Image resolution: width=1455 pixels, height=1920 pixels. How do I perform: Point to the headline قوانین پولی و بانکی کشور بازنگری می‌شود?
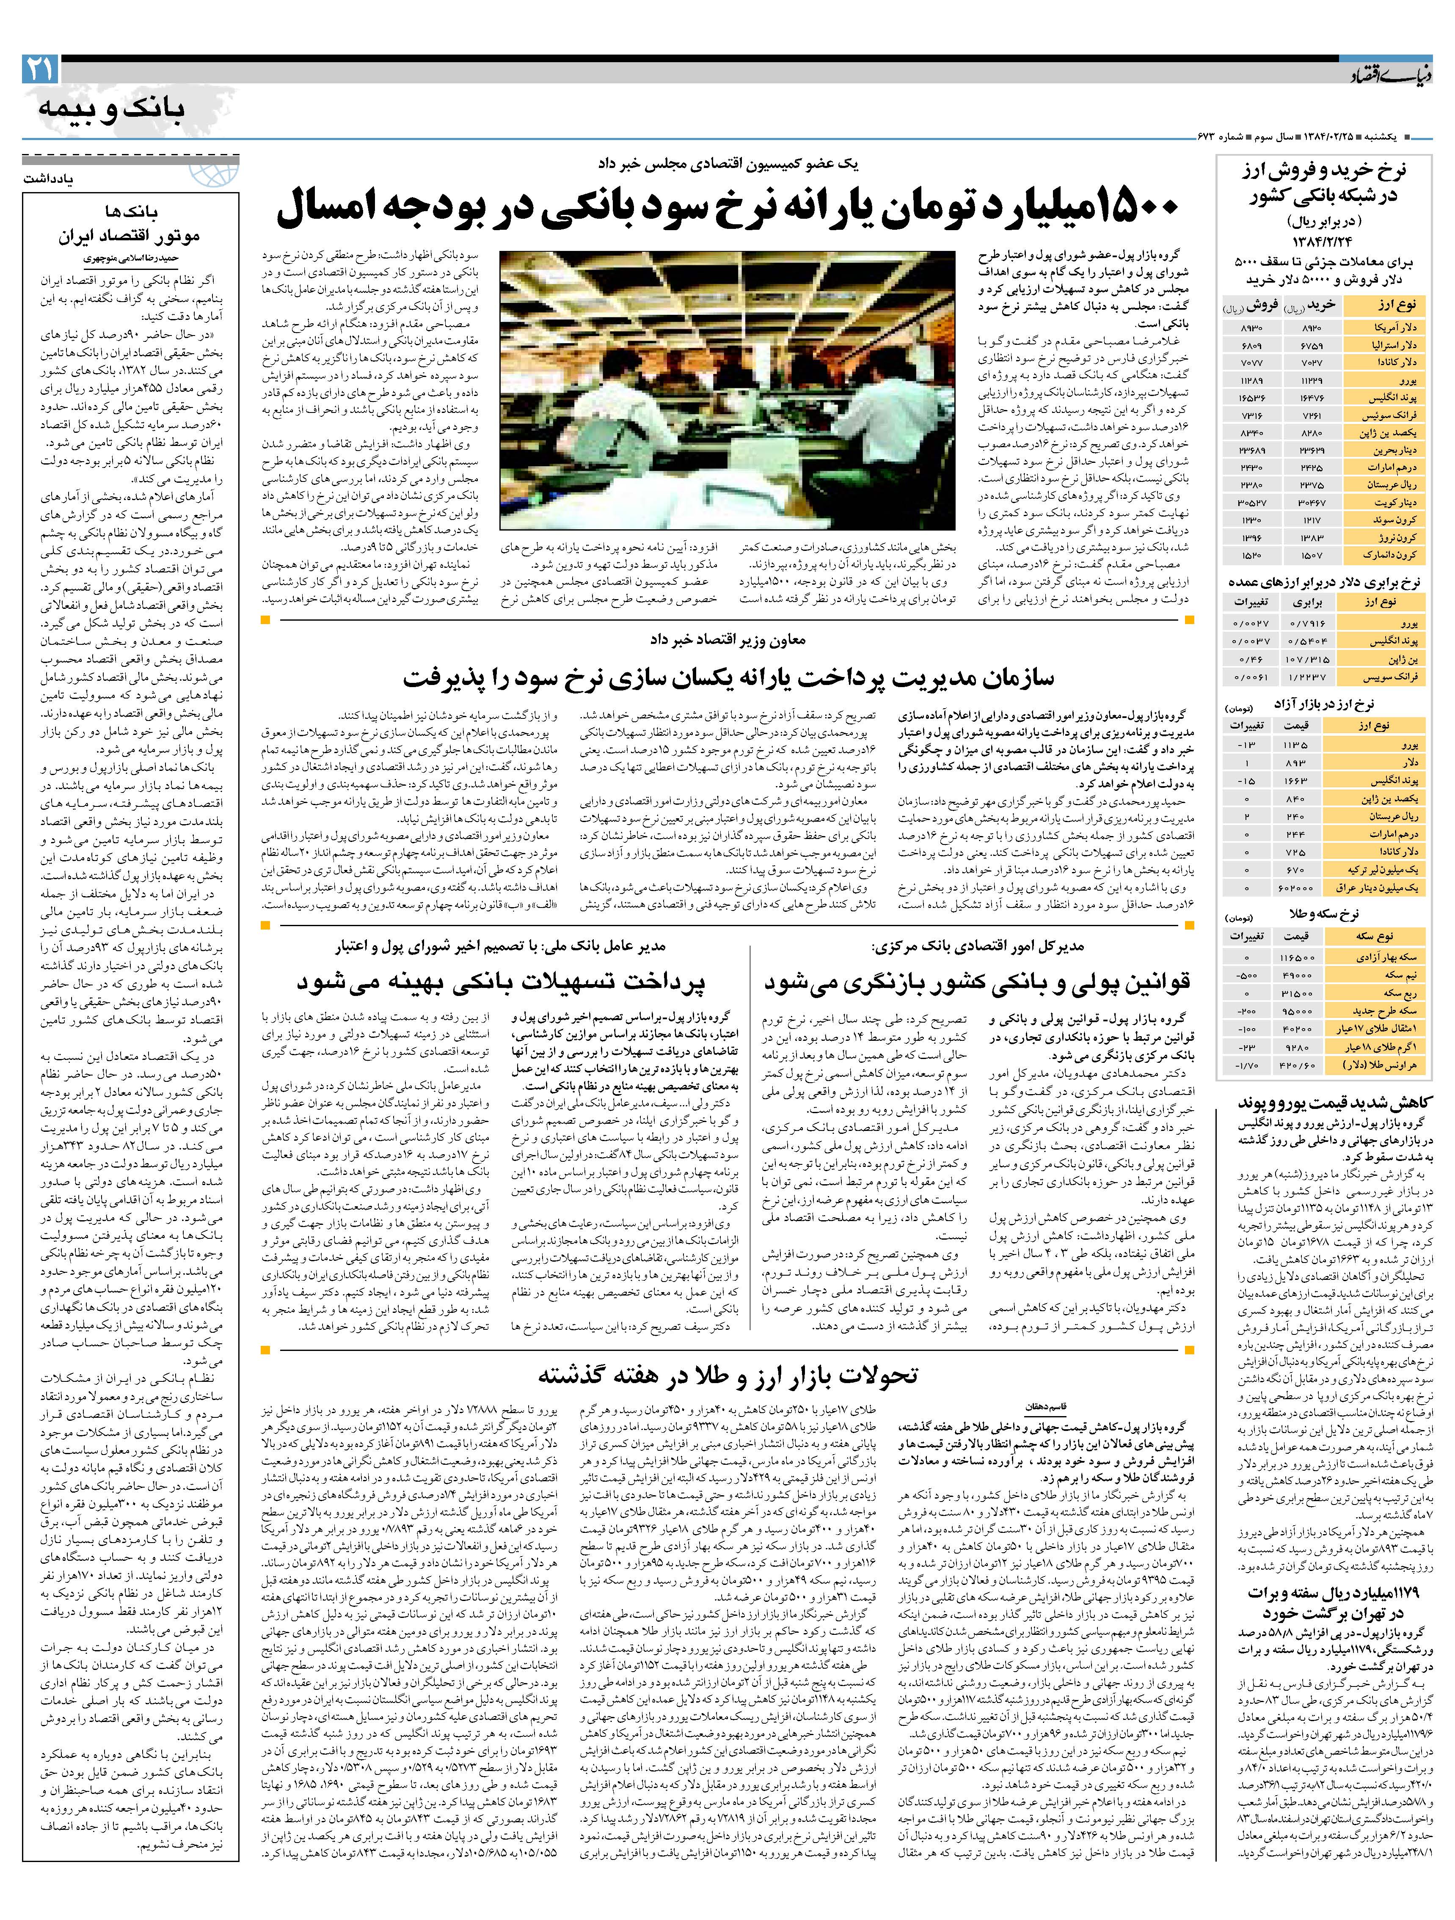click(x=977, y=982)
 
